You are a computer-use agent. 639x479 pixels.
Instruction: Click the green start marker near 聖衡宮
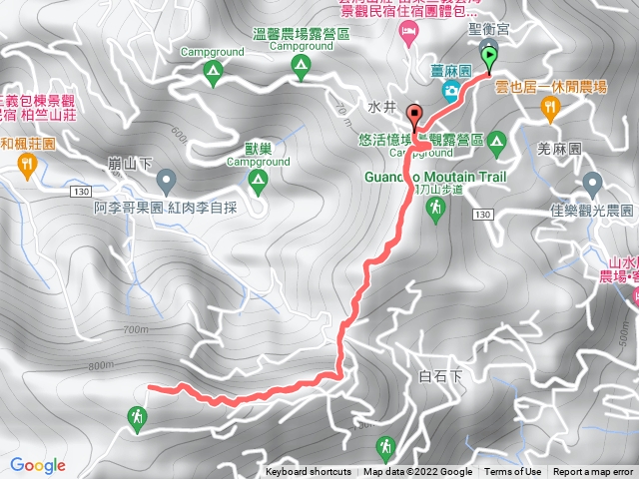488,58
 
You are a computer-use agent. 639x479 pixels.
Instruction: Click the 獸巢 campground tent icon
258,181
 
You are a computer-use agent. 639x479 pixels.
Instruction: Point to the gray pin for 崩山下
166,181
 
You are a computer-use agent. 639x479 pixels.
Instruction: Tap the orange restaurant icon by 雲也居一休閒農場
549,107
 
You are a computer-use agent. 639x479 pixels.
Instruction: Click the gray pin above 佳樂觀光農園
593,184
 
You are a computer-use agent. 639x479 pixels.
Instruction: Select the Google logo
38,465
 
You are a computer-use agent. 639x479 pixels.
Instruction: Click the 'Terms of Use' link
513,472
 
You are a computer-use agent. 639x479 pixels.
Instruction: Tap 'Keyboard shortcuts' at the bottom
309,472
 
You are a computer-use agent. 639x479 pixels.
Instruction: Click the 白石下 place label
442,377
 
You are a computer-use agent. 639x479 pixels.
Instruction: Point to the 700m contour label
137,328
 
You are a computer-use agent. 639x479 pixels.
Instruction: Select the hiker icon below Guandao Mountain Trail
435,207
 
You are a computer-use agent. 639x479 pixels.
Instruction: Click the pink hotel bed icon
407,34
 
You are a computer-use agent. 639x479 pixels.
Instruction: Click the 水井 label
382,106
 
